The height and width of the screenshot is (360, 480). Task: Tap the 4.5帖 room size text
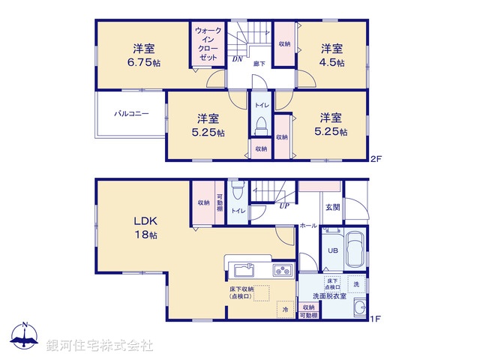(x=330, y=63)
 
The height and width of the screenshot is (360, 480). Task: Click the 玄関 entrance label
(x=332, y=206)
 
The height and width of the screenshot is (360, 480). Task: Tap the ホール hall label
(x=307, y=225)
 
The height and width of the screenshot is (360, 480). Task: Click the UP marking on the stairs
(x=284, y=205)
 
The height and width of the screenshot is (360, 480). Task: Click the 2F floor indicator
(x=376, y=158)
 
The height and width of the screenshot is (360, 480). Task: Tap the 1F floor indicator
(x=376, y=319)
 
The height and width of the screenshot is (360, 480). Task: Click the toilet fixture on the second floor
(x=260, y=127)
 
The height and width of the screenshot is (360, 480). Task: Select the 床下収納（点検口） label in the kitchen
(x=242, y=292)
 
